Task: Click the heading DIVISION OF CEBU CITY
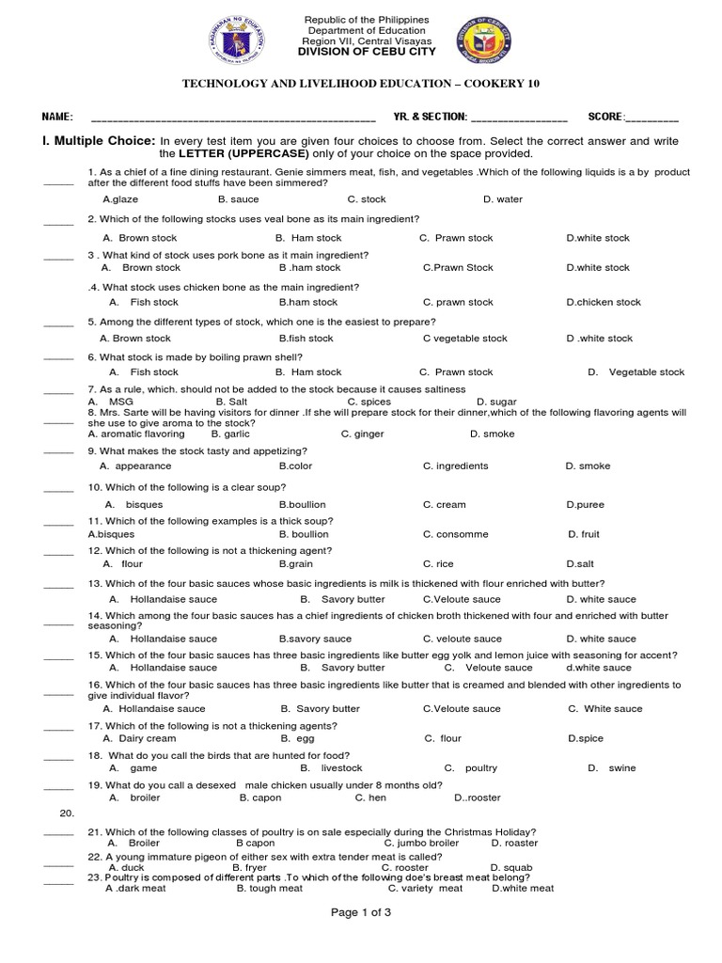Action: click(x=366, y=53)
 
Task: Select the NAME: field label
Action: click(x=56, y=116)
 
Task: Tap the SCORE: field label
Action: click(x=606, y=116)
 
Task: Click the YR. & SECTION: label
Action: click(x=430, y=116)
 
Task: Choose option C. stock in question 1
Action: click(x=367, y=199)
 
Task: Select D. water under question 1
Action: click(x=503, y=199)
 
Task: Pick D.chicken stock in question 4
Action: click(x=604, y=302)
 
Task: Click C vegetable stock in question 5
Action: click(x=464, y=338)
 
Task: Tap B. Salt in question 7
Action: click(x=232, y=401)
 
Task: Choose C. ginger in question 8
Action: click(x=361, y=434)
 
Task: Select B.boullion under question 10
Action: click(x=303, y=504)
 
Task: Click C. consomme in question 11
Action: click(x=455, y=534)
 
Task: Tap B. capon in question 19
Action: click(x=260, y=797)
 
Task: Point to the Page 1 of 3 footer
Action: click(x=361, y=912)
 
